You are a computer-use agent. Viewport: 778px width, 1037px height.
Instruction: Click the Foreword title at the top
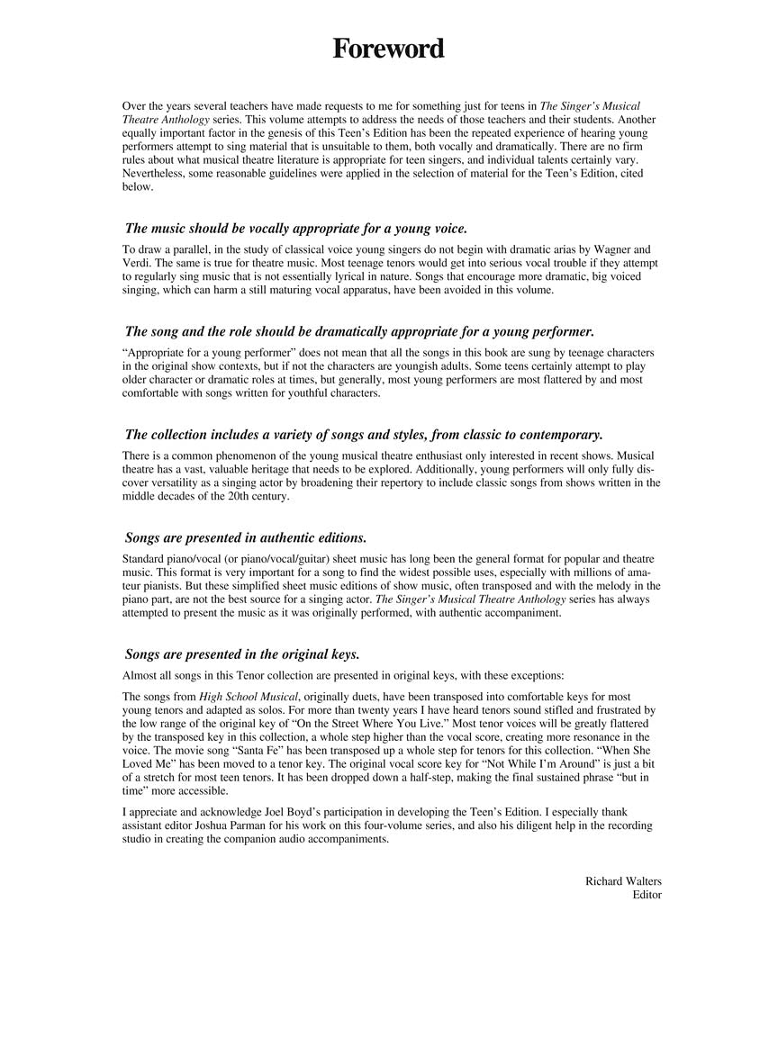click(x=388, y=49)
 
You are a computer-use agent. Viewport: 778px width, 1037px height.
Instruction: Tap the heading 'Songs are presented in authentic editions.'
click(x=245, y=538)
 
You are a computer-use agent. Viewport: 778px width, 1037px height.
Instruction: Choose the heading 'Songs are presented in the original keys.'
click(x=241, y=654)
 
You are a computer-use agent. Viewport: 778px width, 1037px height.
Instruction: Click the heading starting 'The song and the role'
click(x=359, y=331)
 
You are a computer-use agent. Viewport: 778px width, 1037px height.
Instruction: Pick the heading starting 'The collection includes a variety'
click(x=364, y=435)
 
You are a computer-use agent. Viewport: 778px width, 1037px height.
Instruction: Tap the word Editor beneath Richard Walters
click(x=647, y=895)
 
